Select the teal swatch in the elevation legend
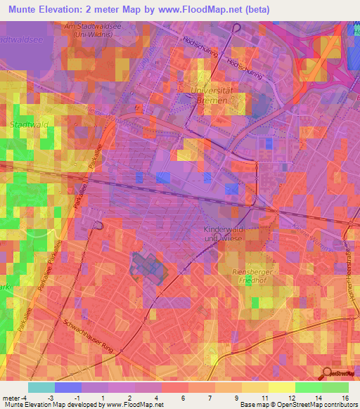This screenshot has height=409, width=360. [41, 387]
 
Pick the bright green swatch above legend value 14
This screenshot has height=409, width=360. [308, 387]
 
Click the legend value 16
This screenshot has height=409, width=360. [345, 398]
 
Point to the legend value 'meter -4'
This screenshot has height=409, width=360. [15, 398]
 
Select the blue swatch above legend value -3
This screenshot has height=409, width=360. [67, 387]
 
